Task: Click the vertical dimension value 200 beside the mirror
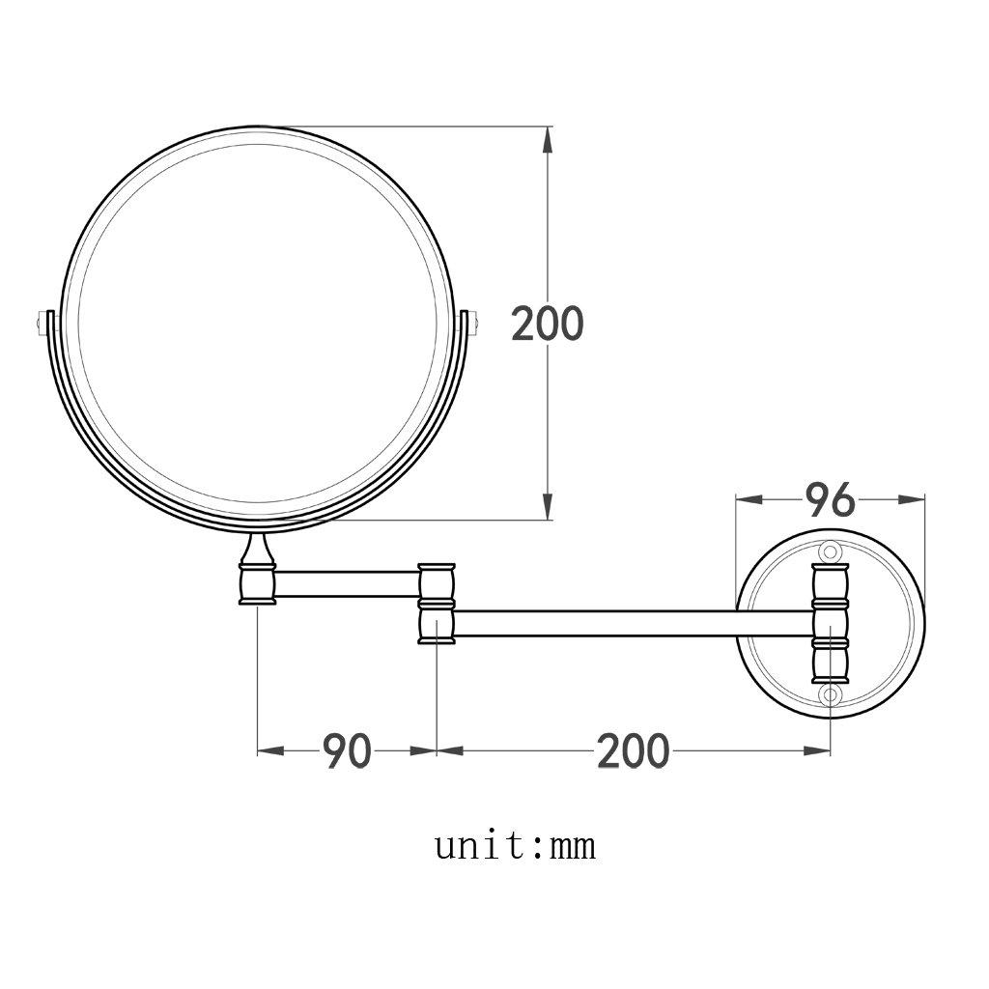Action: pyautogui.click(x=547, y=324)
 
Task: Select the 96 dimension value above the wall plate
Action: pyautogui.click(x=830, y=499)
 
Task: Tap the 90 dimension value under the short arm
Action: pyautogui.click(x=347, y=750)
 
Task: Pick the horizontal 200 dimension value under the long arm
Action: pyautogui.click(x=633, y=750)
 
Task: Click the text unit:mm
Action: pyautogui.click(x=514, y=847)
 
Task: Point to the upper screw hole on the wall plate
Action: pyautogui.click(x=829, y=551)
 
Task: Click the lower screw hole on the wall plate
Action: pyautogui.click(x=829, y=694)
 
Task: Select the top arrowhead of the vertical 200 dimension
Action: pyautogui.click(x=548, y=139)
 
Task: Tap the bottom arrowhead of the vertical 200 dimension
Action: pyautogui.click(x=548, y=507)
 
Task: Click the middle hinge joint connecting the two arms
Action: pyautogui.click(x=437, y=604)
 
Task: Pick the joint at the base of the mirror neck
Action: pyautogui.click(x=258, y=584)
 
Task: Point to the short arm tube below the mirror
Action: pyautogui.click(x=347, y=583)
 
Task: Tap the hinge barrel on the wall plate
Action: pyautogui.click(x=829, y=623)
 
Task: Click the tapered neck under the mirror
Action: pyautogui.click(x=258, y=550)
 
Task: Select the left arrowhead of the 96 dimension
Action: pyautogui.click(x=749, y=499)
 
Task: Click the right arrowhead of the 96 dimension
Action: pyautogui.click(x=912, y=499)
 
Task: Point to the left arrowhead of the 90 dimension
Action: pyautogui.click(x=270, y=750)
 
